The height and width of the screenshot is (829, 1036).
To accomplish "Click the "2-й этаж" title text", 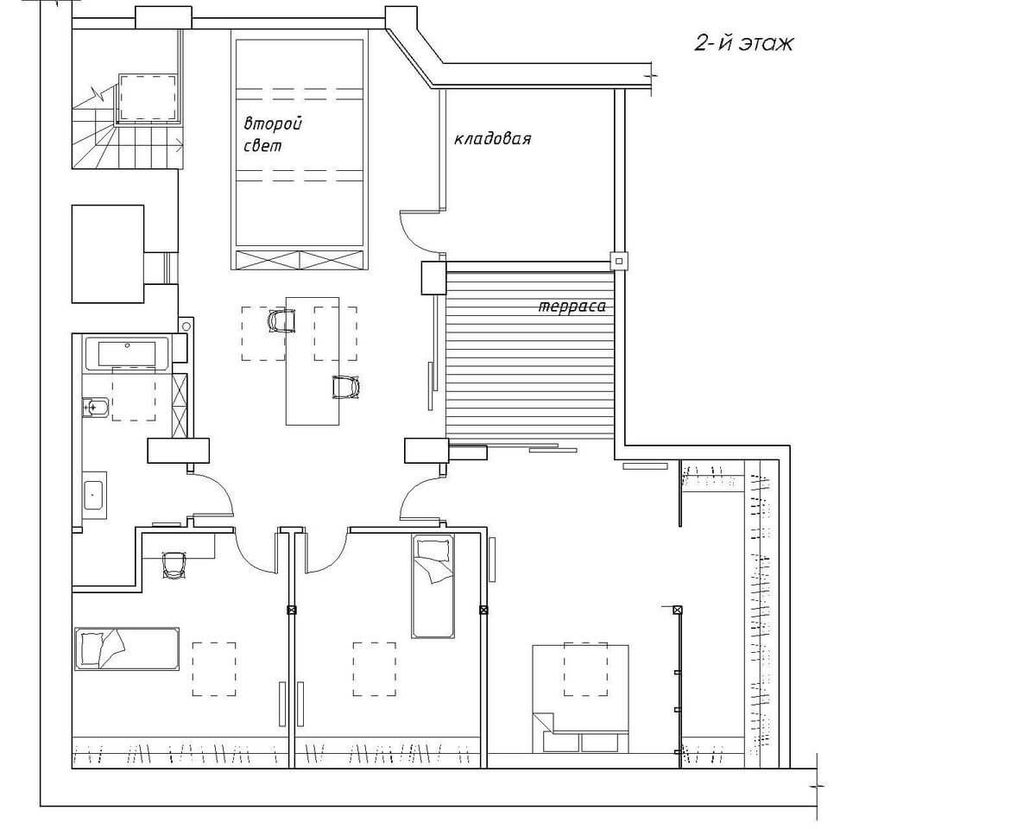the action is (743, 44).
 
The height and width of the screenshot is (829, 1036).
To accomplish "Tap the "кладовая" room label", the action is (492, 139).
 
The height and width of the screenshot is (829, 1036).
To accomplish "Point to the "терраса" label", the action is (572, 307).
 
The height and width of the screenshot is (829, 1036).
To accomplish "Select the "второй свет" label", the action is (273, 135).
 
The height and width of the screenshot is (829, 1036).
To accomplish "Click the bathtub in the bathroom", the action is (127, 354).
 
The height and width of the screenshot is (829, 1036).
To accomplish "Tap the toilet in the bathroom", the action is (95, 408).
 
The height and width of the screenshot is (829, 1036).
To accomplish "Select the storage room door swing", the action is (421, 231).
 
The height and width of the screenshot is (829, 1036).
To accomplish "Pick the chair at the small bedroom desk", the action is (174, 565).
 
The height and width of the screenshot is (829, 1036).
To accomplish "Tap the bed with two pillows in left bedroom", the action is (127, 649).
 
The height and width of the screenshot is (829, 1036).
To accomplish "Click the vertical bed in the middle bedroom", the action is (433, 585).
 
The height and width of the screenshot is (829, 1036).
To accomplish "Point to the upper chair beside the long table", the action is (282, 321).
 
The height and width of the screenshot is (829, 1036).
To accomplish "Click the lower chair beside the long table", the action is (346, 387).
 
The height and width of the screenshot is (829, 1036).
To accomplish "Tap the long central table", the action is (313, 361).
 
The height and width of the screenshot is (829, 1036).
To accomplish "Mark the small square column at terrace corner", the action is (619, 262).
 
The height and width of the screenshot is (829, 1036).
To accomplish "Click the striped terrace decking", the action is (530, 356).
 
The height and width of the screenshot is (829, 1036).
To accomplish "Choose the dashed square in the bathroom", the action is (134, 394).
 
